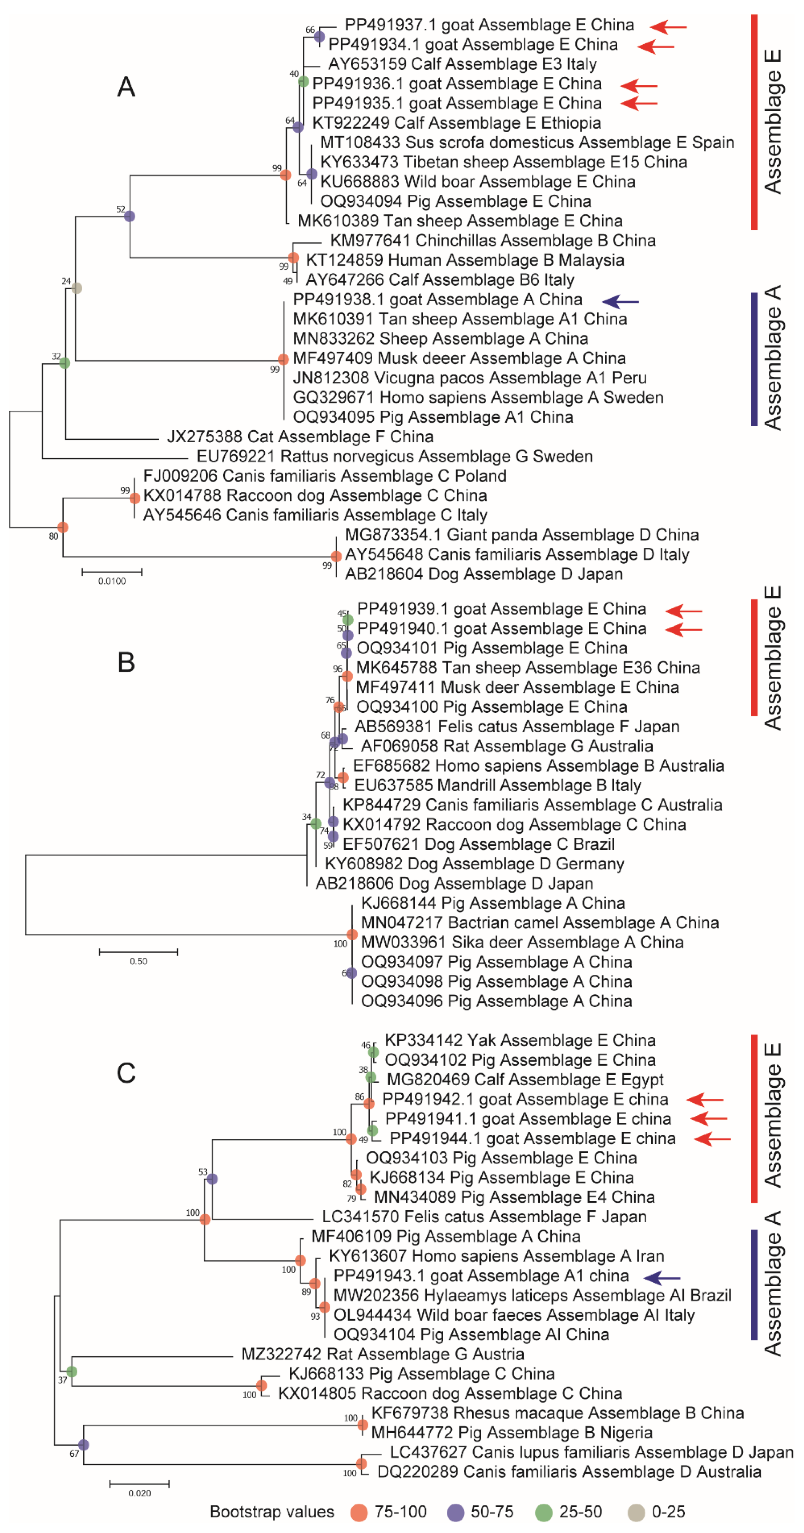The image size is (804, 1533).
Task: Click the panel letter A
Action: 126,87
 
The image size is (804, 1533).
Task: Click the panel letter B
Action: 126,662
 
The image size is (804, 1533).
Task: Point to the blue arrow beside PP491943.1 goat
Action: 662,1276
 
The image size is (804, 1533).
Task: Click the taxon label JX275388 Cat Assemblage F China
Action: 300,437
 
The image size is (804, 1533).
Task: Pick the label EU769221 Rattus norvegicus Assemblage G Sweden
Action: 395,456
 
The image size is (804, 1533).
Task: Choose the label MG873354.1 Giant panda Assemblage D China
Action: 522,535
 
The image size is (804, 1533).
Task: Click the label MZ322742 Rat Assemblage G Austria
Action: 383,1354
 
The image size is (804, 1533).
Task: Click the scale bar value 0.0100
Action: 112,581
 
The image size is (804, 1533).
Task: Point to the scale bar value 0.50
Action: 138,961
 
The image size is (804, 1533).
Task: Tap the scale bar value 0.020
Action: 140,1493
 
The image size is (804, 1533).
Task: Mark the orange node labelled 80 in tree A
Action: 63,527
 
